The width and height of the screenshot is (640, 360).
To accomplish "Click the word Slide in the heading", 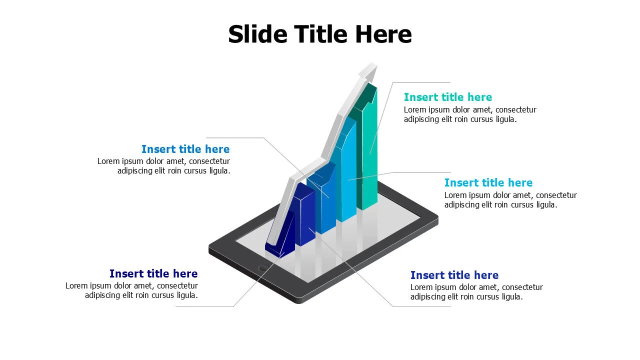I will [x=257, y=34].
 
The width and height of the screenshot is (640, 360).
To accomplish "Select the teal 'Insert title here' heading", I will [x=448, y=97].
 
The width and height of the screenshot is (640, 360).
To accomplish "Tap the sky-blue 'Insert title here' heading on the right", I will [x=488, y=182].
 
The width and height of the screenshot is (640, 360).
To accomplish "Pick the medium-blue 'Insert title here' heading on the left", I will [x=185, y=149].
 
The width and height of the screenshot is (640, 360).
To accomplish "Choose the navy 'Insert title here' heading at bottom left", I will [x=153, y=273].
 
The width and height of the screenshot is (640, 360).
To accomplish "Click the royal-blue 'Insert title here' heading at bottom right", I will [x=454, y=275].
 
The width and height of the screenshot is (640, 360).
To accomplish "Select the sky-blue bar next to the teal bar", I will [x=348, y=175].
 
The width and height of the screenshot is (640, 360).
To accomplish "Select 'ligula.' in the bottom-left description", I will [x=186, y=295].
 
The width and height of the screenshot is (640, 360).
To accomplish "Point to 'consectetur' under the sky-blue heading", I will [x=556, y=195].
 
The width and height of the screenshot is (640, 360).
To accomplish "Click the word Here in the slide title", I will [x=383, y=34].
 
